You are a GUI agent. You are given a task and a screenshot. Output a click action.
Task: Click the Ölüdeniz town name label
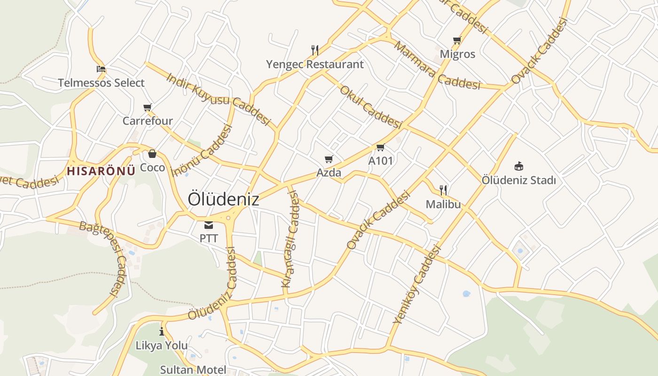(223, 199)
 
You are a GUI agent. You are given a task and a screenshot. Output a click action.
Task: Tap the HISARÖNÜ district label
(101, 171)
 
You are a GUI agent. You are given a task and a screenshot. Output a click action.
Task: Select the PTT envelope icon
(209, 225)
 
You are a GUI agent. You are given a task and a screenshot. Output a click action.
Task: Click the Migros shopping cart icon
(457, 40)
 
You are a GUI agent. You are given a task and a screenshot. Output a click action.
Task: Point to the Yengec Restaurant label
(315, 64)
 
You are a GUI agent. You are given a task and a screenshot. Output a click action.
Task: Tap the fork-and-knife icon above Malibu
(443, 190)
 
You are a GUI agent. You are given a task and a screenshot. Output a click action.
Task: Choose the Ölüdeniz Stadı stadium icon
(519, 166)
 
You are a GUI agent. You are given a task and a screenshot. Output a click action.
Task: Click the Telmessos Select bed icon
(101, 69)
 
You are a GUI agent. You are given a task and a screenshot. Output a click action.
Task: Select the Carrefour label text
(148, 121)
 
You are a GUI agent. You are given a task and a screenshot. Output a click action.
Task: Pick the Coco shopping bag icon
(152, 154)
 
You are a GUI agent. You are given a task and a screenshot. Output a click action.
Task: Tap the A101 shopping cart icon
(380, 147)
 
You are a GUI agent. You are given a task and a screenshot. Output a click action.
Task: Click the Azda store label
(329, 172)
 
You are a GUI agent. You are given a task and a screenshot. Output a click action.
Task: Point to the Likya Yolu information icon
(162, 331)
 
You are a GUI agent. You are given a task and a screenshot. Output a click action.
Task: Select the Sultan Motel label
(193, 369)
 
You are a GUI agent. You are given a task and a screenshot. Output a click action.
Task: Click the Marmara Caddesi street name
(438, 66)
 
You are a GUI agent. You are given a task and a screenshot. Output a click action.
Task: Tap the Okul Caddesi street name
(371, 107)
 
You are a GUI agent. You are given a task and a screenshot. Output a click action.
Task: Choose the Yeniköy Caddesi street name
(417, 285)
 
